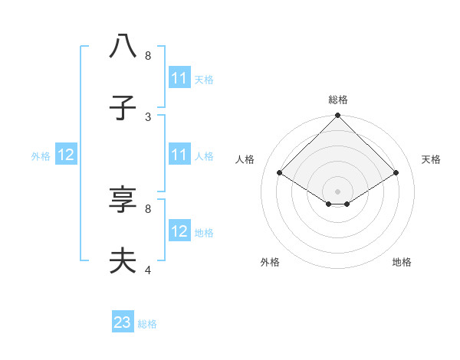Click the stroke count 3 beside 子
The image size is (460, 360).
pos(148,116)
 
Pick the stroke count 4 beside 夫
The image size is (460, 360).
pos(148,270)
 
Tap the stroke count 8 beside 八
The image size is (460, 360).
pos(148,55)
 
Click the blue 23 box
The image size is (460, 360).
pos(123,322)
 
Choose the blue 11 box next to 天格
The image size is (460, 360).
pos(179,78)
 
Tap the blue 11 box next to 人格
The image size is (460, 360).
pos(179,155)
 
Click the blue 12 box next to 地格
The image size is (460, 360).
pos(179,231)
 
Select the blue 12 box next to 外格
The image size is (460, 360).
pos(66,155)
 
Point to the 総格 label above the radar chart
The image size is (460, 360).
pos(338,100)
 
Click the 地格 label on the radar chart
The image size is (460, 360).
pos(402,262)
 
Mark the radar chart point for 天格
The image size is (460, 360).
pos(396,173)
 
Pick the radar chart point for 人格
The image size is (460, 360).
pos(280,173)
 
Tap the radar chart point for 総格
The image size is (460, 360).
pos(338,116)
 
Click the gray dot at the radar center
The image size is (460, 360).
pos(338,191)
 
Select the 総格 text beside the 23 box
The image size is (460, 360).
pos(147,324)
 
